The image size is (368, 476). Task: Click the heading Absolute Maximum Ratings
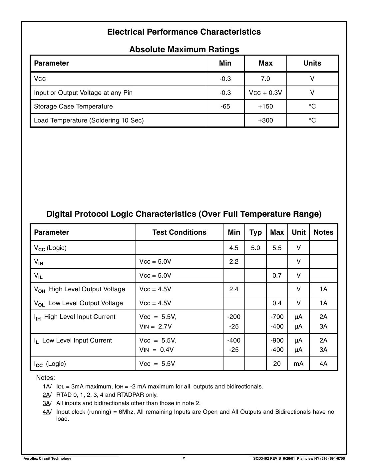click(184, 49)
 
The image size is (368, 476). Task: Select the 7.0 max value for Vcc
click(265, 79)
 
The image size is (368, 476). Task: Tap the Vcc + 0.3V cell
click(265, 93)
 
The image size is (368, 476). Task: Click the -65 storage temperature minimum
click(225, 107)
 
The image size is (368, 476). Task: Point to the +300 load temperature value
click(265, 120)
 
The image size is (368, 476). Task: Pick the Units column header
click(312, 63)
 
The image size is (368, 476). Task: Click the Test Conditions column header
click(179, 232)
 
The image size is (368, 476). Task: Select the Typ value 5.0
click(255, 248)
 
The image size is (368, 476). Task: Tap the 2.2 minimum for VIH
click(234, 262)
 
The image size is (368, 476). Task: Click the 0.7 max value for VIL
click(277, 275)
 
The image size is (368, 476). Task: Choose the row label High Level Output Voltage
click(87, 289)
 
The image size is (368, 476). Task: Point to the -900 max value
click(277, 340)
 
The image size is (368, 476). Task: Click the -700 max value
click(277, 317)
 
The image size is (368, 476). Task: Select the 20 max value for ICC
click(277, 363)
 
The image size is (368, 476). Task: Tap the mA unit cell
click(298, 363)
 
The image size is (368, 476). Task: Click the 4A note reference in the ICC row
click(323, 363)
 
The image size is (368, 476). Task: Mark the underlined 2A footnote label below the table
click(46, 395)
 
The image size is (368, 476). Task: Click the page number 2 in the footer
click(184, 458)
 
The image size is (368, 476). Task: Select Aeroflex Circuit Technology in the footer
click(47, 458)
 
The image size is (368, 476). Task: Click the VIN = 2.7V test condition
click(155, 326)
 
